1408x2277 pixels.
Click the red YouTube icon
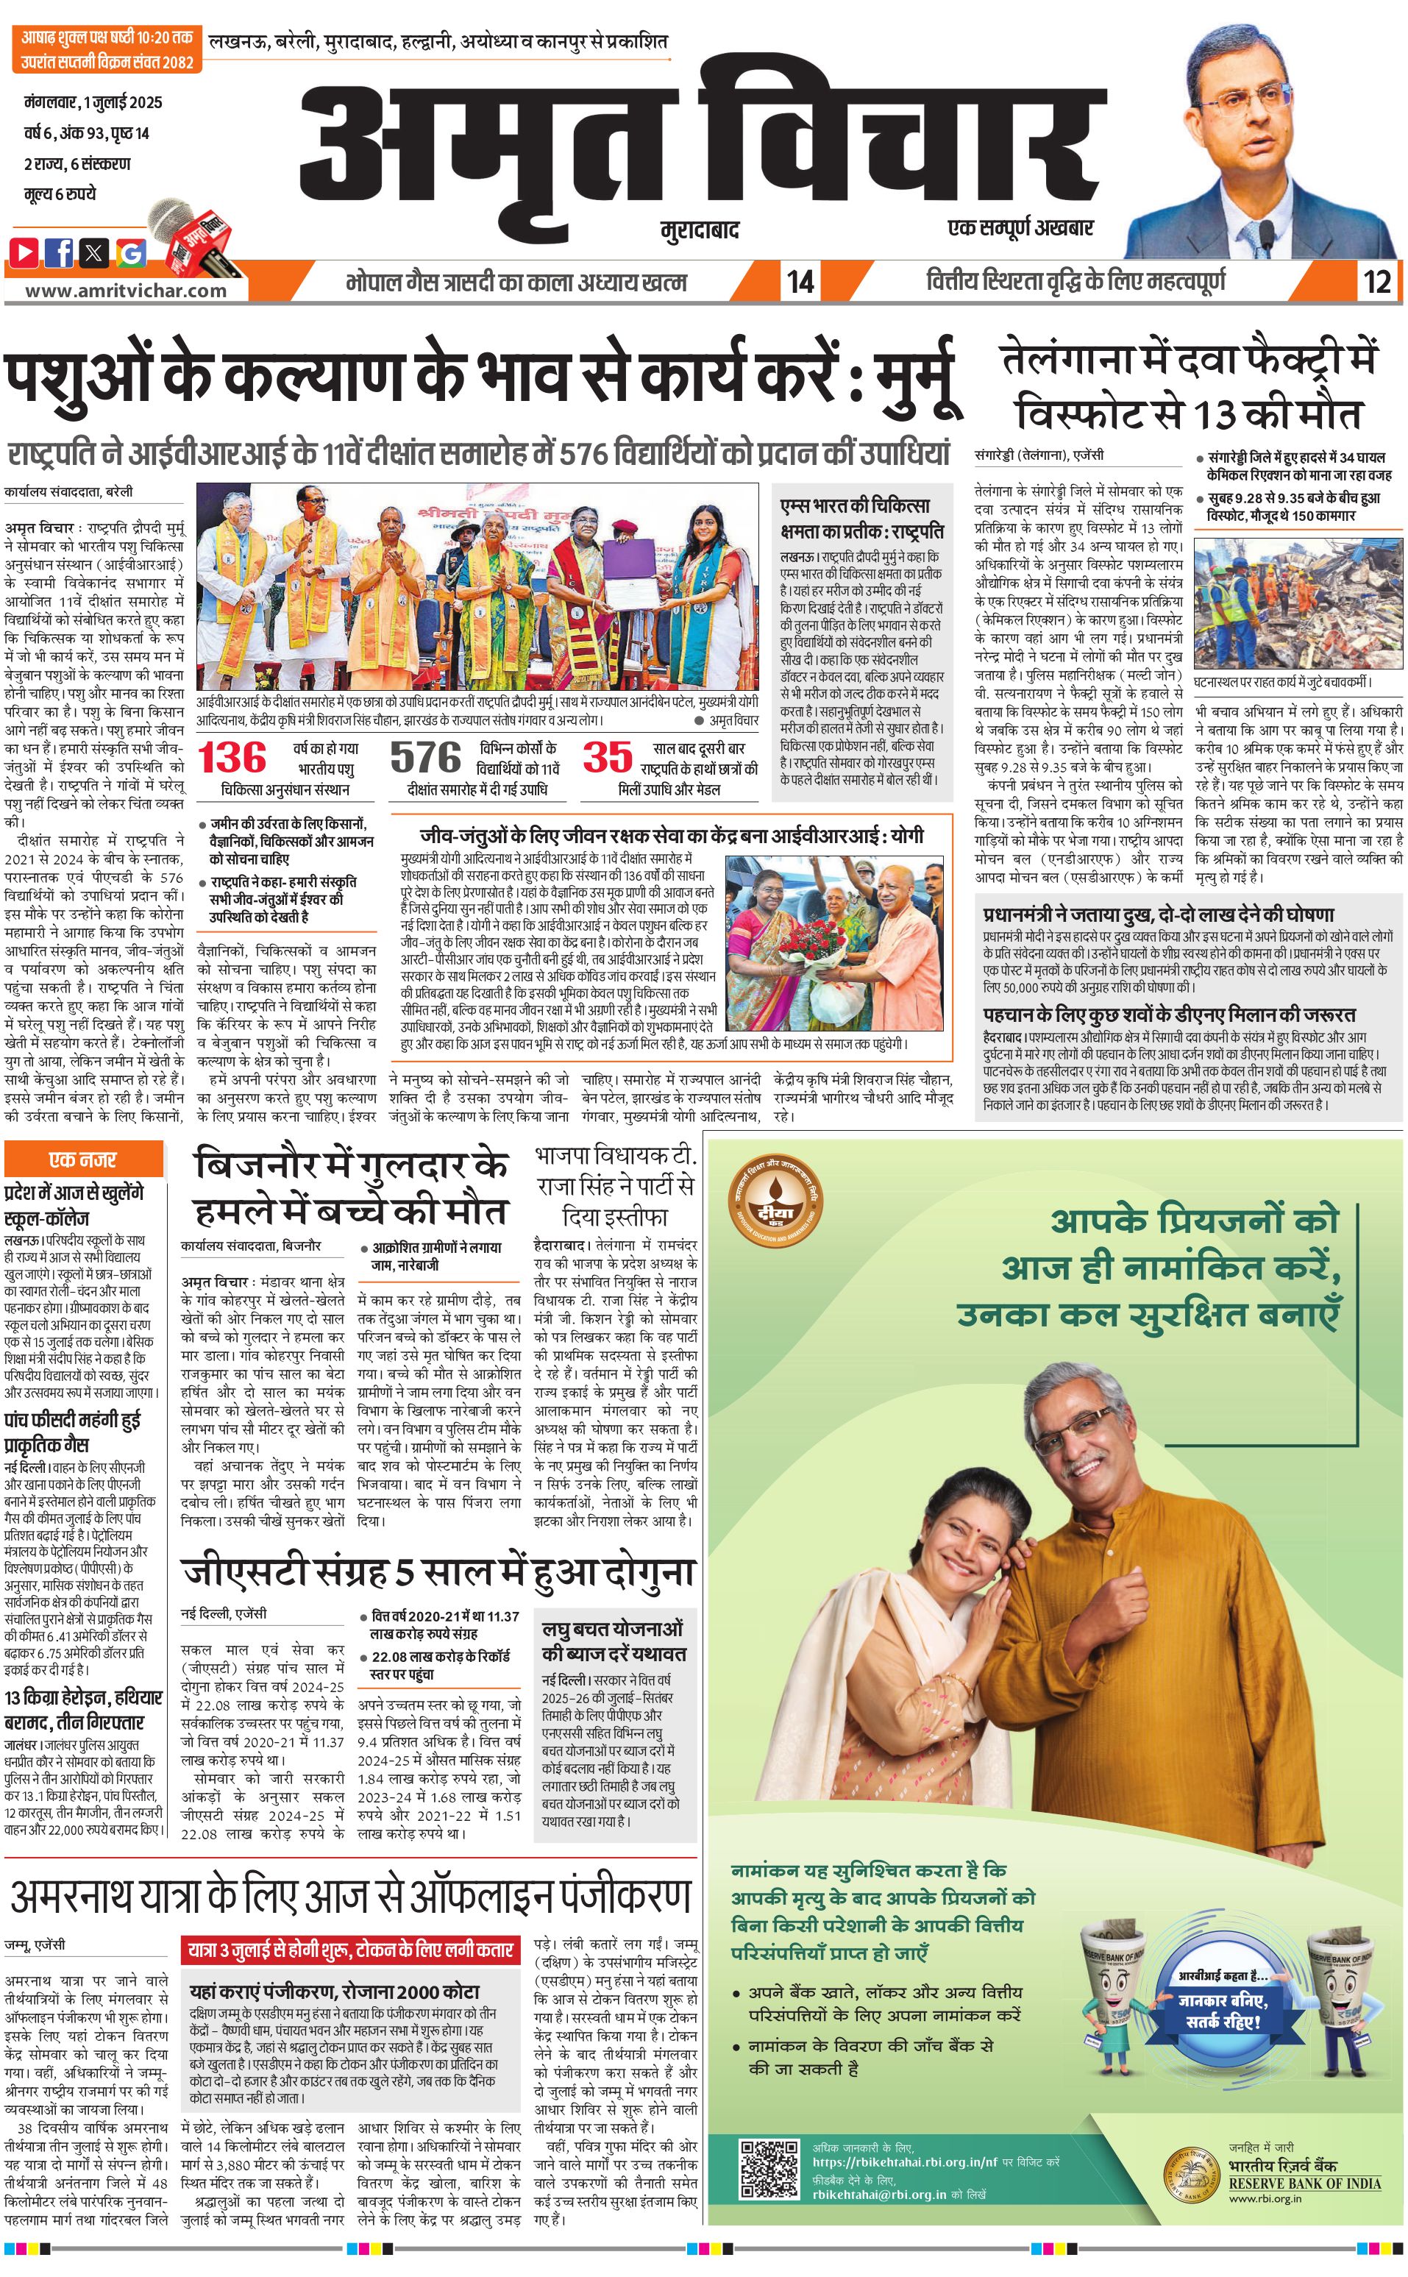[x=24, y=252]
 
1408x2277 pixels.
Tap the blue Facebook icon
[x=60, y=252]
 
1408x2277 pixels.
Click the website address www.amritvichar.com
[x=126, y=290]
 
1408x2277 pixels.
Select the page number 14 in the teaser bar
[x=800, y=281]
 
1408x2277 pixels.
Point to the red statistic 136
[x=232, y=757]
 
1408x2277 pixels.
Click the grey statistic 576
[x=426, y=757]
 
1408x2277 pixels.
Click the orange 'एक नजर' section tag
[x=83, y=1159]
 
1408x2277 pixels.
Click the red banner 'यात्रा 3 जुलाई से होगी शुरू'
[x=351, y=1950]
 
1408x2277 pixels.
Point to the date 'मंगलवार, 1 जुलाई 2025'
[x=93, y=102]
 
